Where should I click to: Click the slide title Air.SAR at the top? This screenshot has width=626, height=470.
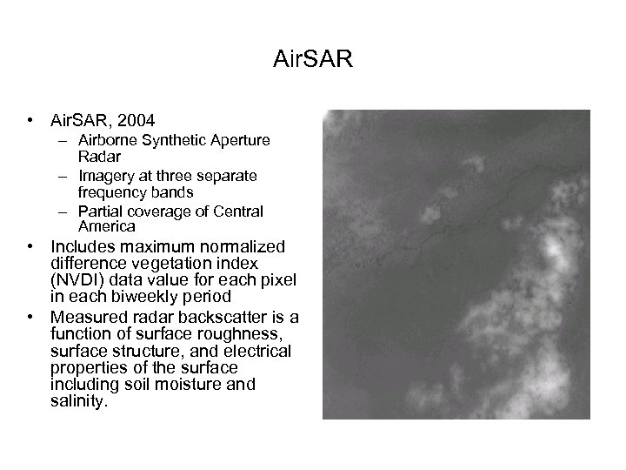pyautogui.click(x=314, y=60)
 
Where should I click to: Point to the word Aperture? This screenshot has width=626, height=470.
pyautogui.click(x=237, y=139)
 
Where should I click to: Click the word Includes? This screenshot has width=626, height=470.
pyautogui.click(x=85, y=245)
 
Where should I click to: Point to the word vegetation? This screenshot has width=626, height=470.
pyautogui.click(x=156, y=262)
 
